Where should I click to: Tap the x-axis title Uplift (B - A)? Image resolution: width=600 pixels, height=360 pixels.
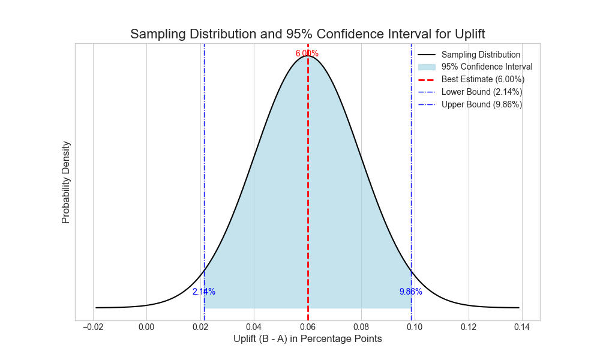pyautogui.click(x=307, y=339)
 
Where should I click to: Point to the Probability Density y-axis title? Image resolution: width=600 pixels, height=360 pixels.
pyautogui.click(x=66, y=182)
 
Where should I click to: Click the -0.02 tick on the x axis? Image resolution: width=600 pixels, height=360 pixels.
pyautogui.click(x=93, y=327)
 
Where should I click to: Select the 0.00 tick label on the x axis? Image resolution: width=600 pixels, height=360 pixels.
pyautogui.click(x=146, y=327)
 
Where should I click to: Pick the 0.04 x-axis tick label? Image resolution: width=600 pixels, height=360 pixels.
pyautogui.click(x=254, y=327)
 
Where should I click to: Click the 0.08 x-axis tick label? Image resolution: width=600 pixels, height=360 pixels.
pyautogui.click(x=361, y=327)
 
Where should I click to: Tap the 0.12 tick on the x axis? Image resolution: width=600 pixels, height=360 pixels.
pyautogui.click(x=469, y=327)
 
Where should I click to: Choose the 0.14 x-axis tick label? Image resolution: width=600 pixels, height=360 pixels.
pyautogui.click(x=522, y=327)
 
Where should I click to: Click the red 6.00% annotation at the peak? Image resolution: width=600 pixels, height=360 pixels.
pyautogui.click(x=307, y=53)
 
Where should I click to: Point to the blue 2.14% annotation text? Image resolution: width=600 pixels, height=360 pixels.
pyautogui.click(x=204, y=292)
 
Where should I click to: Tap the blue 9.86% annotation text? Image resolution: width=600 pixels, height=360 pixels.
pyautogui.click(x=411, y=292)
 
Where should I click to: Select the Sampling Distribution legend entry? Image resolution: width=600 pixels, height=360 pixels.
pyautogui.click(x=481, y=55)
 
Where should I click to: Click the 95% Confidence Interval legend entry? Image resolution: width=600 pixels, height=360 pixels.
pyautogui.click(x=487, y=67)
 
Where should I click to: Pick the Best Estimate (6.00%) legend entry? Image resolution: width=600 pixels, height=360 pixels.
pyautogui.click(x=483, y=79)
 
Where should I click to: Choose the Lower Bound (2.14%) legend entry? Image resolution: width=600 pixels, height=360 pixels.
pyautogui.click(x=482, y=92)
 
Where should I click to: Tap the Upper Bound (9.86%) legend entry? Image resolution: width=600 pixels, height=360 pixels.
pyautogui.click(x=482, y=104)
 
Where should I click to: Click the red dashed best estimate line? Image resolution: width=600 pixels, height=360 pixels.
pyautogui.click(x=308, y=180)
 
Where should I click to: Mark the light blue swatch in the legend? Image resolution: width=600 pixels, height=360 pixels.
pyautogui.click(x=427, y=67)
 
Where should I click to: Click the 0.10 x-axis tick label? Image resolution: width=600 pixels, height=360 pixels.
pyautogui.click(x=415, y=327)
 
